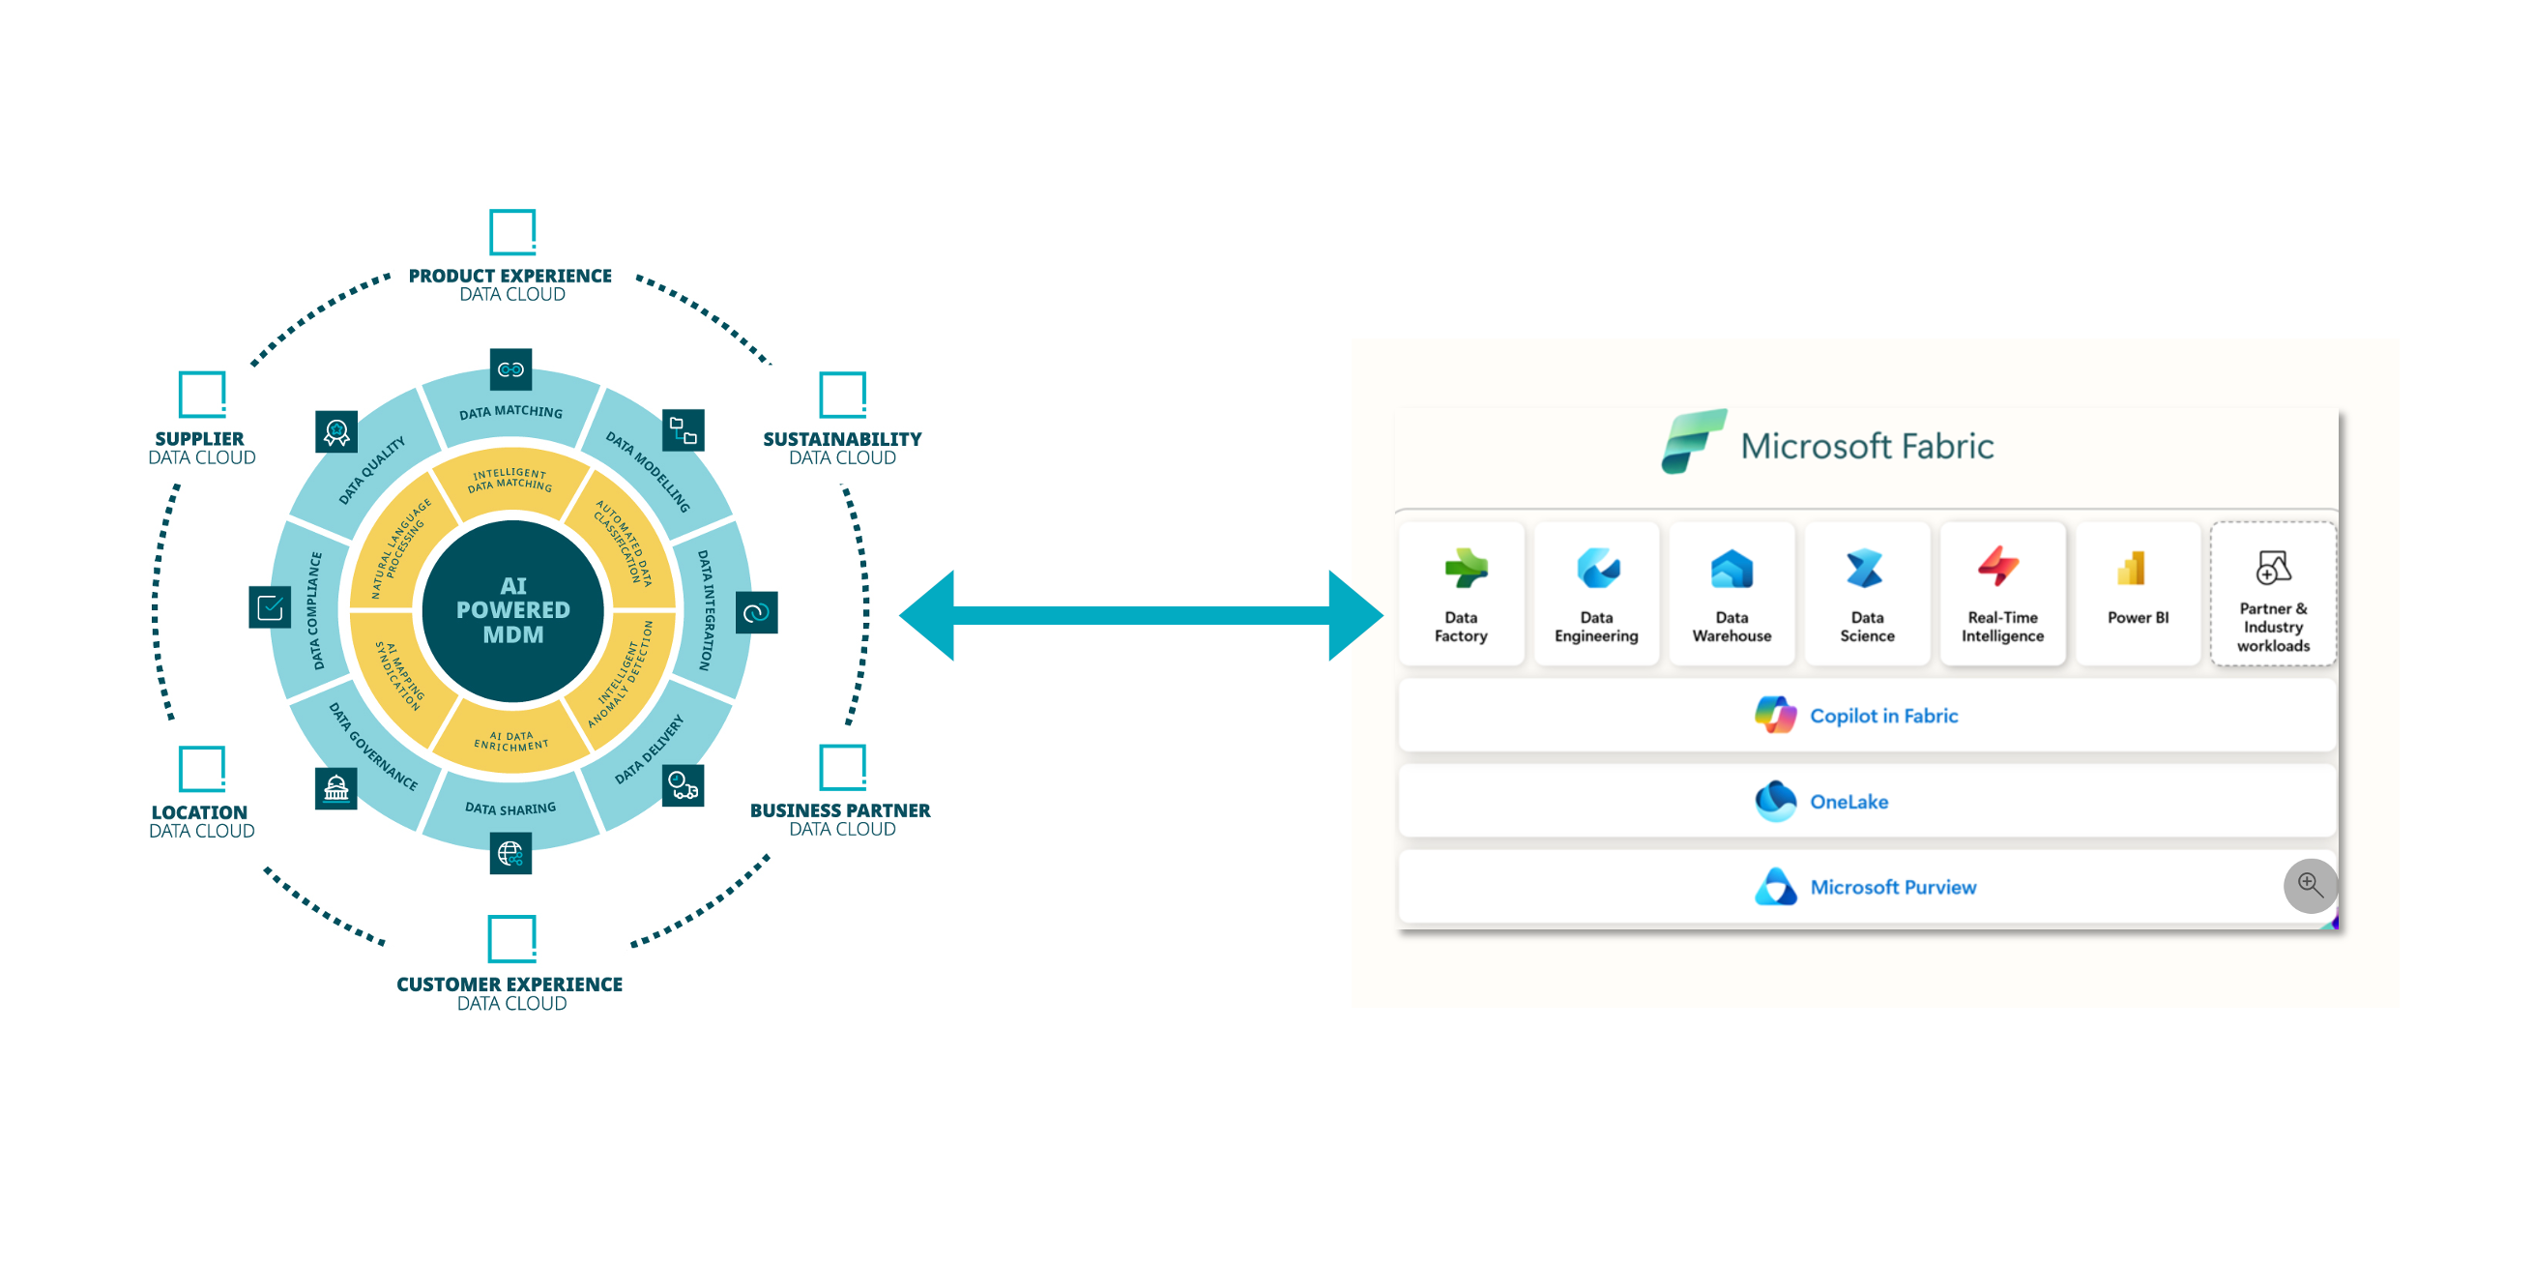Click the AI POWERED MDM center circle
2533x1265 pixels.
(x=512, y=611)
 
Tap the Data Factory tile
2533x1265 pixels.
(x=1460, y=594)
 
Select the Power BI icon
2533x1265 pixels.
(x=2131, y=569)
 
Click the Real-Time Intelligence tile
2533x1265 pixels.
(x=2002, y=594)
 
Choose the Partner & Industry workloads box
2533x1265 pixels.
(x=2272, y=594)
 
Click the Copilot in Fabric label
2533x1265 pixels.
(x=1883, y=716)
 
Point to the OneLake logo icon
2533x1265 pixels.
(x=1775, y=801)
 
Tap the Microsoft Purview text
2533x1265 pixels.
(x=1893, y=887)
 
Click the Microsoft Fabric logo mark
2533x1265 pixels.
(x=1692, y=442)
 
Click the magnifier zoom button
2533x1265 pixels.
(x=2310, y=885)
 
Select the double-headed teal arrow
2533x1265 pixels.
(x=1141, y=616)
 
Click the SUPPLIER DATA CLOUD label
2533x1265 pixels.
(x=202, y=448)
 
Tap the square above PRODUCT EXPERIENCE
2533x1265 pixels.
(x=512, y=232)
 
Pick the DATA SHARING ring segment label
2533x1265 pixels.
(x=510, y=809)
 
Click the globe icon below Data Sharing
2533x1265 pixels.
(x=510, y=853)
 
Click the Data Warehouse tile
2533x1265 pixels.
(x=1731, y=594)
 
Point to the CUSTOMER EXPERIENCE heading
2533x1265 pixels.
(x=510, y=985)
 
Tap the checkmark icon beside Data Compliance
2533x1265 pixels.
(x=270, y=608)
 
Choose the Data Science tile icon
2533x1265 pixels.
(x=1865, y=569)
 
